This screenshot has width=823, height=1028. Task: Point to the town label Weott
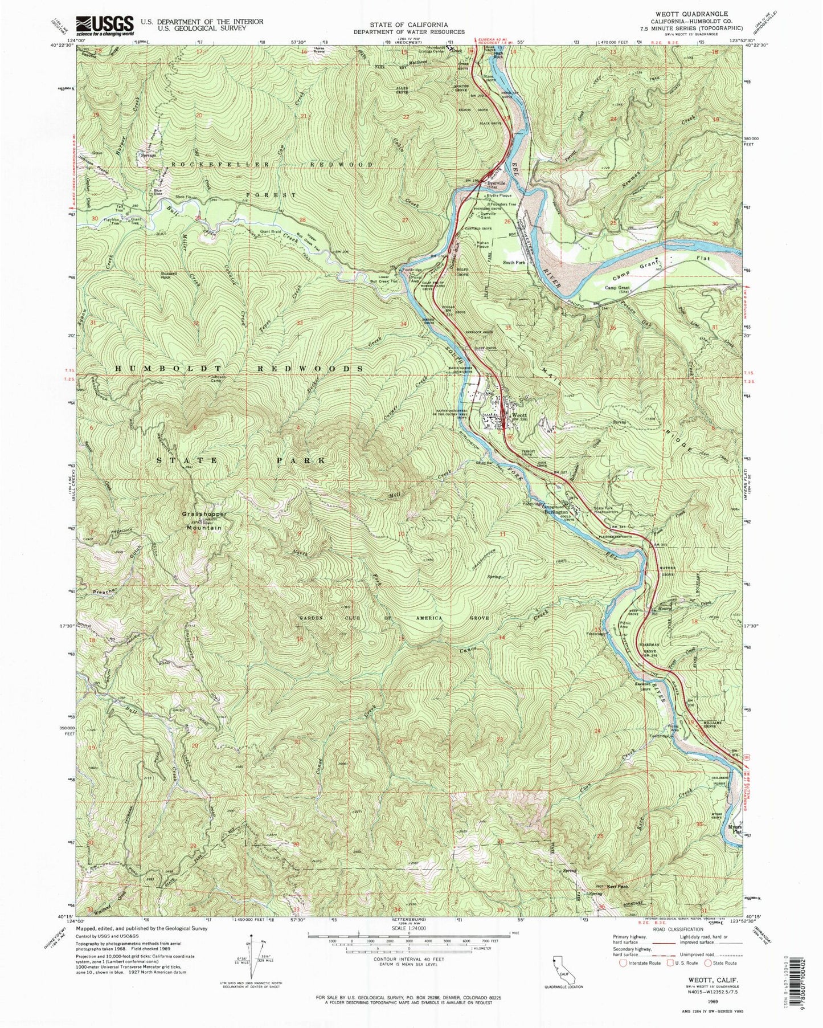pos(519,416)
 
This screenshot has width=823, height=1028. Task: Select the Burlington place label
pos(555,512)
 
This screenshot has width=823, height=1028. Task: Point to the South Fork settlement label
pos(513,262)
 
